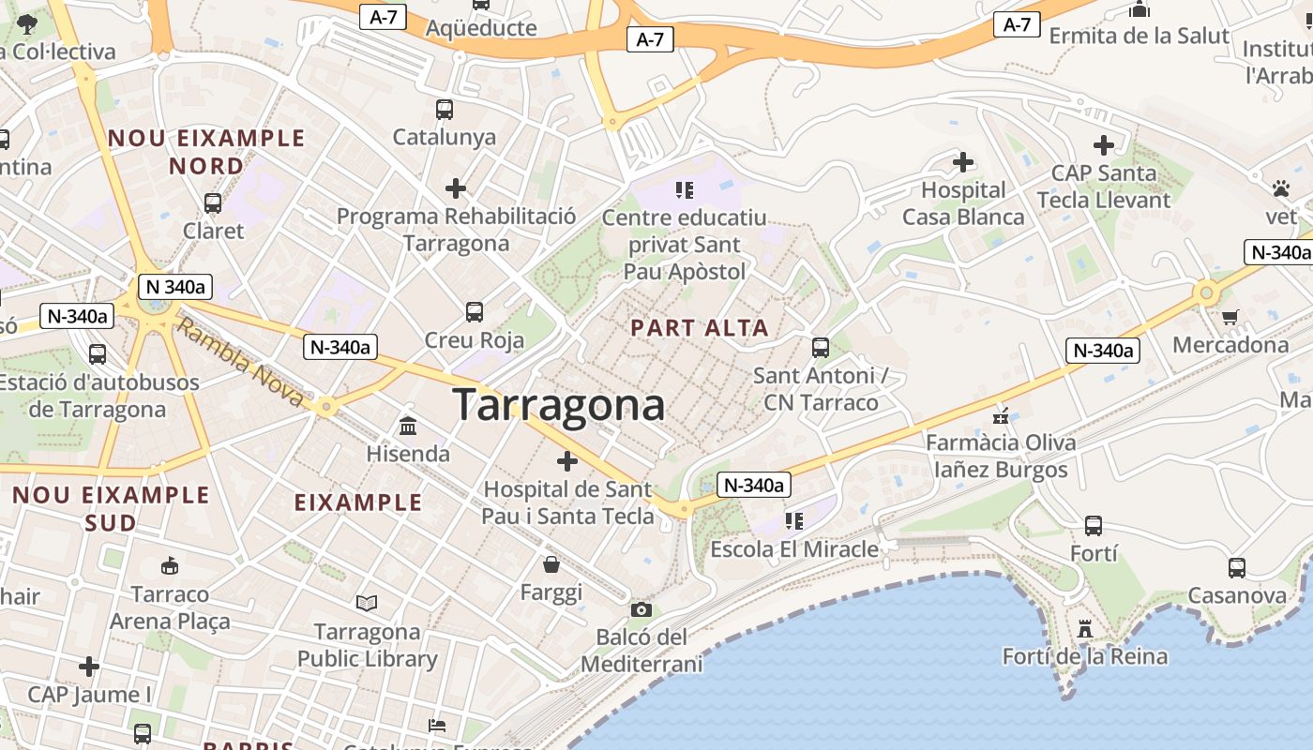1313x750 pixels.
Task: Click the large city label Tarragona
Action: tap(559, 405)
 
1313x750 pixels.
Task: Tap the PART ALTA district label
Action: tap(700, 328)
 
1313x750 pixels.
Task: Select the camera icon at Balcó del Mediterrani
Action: tap(641, 610)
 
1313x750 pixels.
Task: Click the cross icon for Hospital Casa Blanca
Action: tap(963, 162)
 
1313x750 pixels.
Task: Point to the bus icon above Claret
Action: tap(213, 202)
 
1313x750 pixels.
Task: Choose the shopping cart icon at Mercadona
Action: tap(1230, 317)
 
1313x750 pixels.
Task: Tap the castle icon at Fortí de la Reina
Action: tap(1085, 628)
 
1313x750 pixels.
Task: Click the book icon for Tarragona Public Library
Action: tap(367, 603)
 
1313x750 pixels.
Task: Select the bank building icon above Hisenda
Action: tap(408, 427)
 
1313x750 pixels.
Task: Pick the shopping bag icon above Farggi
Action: tap(551, 564)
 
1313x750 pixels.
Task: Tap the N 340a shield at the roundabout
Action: tap(174, 287)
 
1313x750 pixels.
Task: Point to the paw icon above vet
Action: tap(1281, 189)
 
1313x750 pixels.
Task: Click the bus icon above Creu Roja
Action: tap(475, 311)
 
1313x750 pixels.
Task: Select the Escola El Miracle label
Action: tap(794, 549)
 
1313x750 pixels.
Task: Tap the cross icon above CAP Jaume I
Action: tap(89, 667)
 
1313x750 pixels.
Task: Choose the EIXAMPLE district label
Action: tap(358, 502)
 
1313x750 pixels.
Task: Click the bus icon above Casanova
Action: tap(1237, 567)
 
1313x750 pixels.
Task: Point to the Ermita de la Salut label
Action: tap(1139, 36)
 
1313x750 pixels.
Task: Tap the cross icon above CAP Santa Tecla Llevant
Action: tap(1104, 145)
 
